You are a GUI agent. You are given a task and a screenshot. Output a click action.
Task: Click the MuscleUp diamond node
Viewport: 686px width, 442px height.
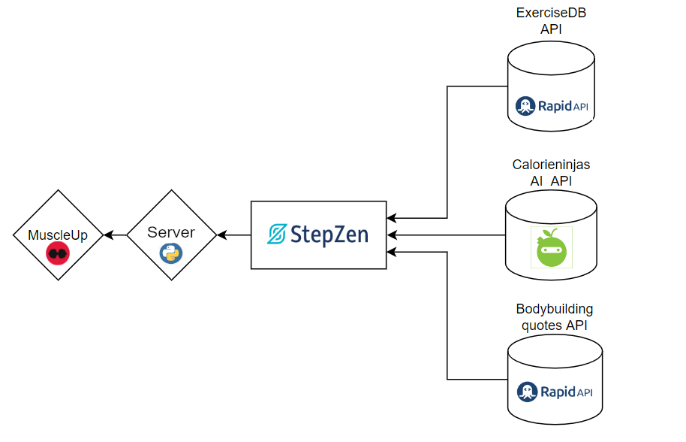click(x=58, y=235)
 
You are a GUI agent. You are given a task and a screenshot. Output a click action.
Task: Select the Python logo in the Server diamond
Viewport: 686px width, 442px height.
click(x=171, y=253)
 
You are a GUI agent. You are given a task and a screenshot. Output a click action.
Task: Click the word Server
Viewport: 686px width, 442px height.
click(x=171, y=232)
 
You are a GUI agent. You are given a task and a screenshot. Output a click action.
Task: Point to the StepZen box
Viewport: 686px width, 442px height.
click(x=319, y=235)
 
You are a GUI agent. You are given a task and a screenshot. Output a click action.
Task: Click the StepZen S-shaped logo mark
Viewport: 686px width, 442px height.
click(x=278, y=235)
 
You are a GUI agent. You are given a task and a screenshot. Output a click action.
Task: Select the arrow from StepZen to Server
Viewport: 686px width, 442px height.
click(x=233, y=235)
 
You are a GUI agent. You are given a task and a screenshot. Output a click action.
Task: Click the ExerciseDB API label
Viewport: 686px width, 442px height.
click(x=551, y=21)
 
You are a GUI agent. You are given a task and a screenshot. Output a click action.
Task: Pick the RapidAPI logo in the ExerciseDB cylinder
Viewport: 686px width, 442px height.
click(x=552, y=106)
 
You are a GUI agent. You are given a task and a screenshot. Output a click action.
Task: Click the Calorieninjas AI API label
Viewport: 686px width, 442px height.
click(x=551, y=172)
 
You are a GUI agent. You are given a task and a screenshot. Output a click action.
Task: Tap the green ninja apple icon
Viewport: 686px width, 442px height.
click(x=552, y=247)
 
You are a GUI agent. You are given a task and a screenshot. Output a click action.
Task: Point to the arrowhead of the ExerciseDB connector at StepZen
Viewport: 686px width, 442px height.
click(x=392, y=219)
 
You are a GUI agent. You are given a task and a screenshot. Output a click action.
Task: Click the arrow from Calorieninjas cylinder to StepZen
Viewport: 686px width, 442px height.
click(x=447, y=235)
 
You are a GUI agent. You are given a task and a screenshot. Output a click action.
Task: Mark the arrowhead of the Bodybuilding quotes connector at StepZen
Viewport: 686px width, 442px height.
click(x=392, y=252)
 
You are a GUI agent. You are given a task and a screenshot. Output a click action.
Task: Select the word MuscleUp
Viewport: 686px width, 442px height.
click(x=58, y=235)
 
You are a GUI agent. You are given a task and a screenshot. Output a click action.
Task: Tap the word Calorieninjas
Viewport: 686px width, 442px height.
click(x=551, y=165)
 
